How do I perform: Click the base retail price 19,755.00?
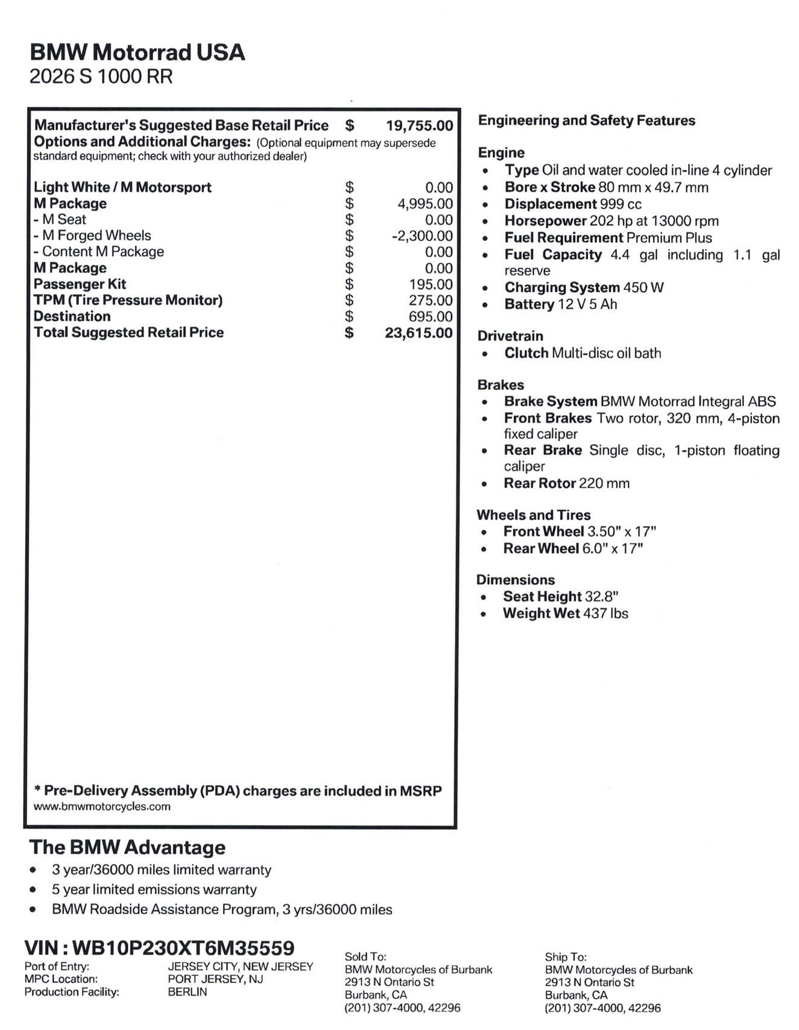click(419, 125)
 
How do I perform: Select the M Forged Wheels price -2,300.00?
click(422, 236)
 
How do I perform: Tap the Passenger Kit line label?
click(80, 284)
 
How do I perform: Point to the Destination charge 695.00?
click(430, 316)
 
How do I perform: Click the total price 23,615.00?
click(418, 333)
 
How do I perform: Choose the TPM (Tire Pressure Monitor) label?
click(128, 300)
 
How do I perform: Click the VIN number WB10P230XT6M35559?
click(183, 948)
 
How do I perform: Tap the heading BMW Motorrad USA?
click(137, 52)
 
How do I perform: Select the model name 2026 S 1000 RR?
click(101, 77)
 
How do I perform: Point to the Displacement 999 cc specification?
click(573, 204)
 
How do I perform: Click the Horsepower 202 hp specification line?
click(611, 221)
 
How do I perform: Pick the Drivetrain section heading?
click(510, 336)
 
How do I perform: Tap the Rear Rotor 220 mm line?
click(566, 483)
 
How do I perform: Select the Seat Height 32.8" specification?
click(560, 597)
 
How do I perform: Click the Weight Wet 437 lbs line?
click(565, 614)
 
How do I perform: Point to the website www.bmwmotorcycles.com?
click(102, 806)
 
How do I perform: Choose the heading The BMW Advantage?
click(127, 847)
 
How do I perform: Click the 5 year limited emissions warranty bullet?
click(154, 890)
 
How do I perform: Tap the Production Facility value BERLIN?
click(187, 992)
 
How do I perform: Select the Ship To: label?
click(565, 956)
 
